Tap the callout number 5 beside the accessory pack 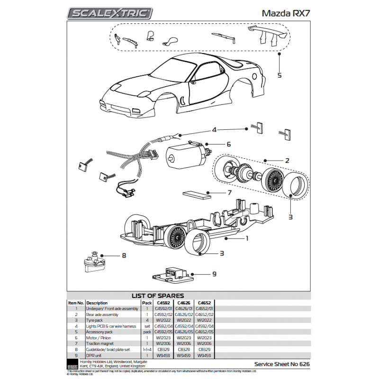click(279, 75)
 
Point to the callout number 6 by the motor click(228, 144)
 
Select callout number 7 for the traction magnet click(229, 193)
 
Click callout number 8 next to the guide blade click(124, 256)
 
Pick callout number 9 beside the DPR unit click(214, 274)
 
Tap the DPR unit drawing click(171, 274)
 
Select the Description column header click(97, 303)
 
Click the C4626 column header click(184, 303)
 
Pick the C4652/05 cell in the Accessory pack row click(205, 332)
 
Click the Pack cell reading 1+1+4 click(147, 349)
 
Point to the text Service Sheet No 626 click(281, 365)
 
